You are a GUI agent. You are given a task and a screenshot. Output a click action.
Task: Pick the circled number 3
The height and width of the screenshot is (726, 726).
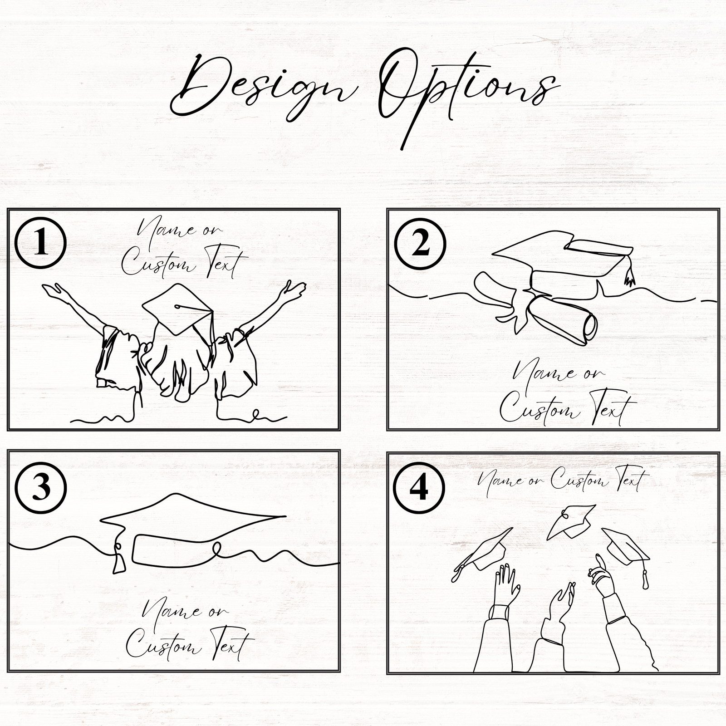41,488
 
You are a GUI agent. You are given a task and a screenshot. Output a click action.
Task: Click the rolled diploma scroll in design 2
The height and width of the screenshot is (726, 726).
563,318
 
